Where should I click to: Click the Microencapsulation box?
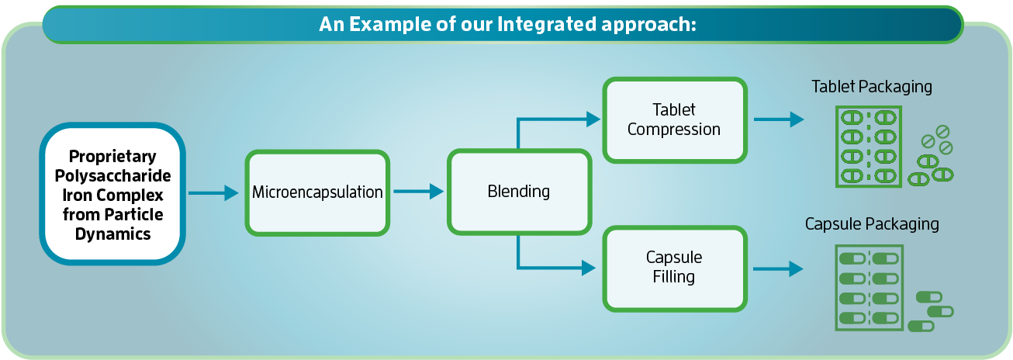click(316, 192)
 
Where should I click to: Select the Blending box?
click(519, 192)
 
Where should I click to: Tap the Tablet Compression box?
click(673, 119)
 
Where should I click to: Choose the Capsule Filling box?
click(673, 267)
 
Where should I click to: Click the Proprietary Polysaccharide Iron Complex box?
click(112, 194)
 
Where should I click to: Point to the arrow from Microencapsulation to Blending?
click(418, 192)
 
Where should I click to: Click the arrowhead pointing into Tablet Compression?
click(593, 119)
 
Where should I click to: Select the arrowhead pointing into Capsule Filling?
click(589, 268)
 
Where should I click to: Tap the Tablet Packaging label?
click(872, 86)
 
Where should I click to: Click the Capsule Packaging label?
click(872, 224)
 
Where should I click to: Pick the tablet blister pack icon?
click(869, 147)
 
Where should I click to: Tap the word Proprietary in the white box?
click(112, 156)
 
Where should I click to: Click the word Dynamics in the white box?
click(112, 233)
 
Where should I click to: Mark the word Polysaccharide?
click(112, 175)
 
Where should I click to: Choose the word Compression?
click(673, 130)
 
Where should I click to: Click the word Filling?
click(673, 277)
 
